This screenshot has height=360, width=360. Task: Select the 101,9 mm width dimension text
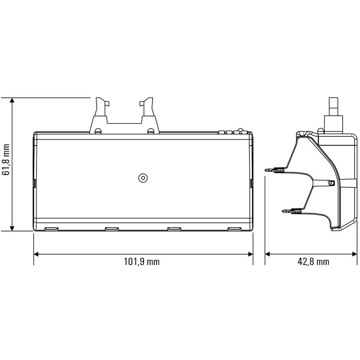[142, 262]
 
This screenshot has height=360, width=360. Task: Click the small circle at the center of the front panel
[143, 178]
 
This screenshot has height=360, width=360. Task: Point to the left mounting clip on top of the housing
[103, 108]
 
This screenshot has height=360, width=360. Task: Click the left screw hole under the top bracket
[98, 131]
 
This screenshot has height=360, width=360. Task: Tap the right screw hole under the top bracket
[151, 131]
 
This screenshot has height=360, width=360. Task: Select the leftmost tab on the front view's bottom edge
[52, 229]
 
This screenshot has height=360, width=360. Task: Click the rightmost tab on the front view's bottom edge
[234, 229]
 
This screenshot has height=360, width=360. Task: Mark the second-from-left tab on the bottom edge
[111, 229]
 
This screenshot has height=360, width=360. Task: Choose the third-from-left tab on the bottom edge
[174, 229]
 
